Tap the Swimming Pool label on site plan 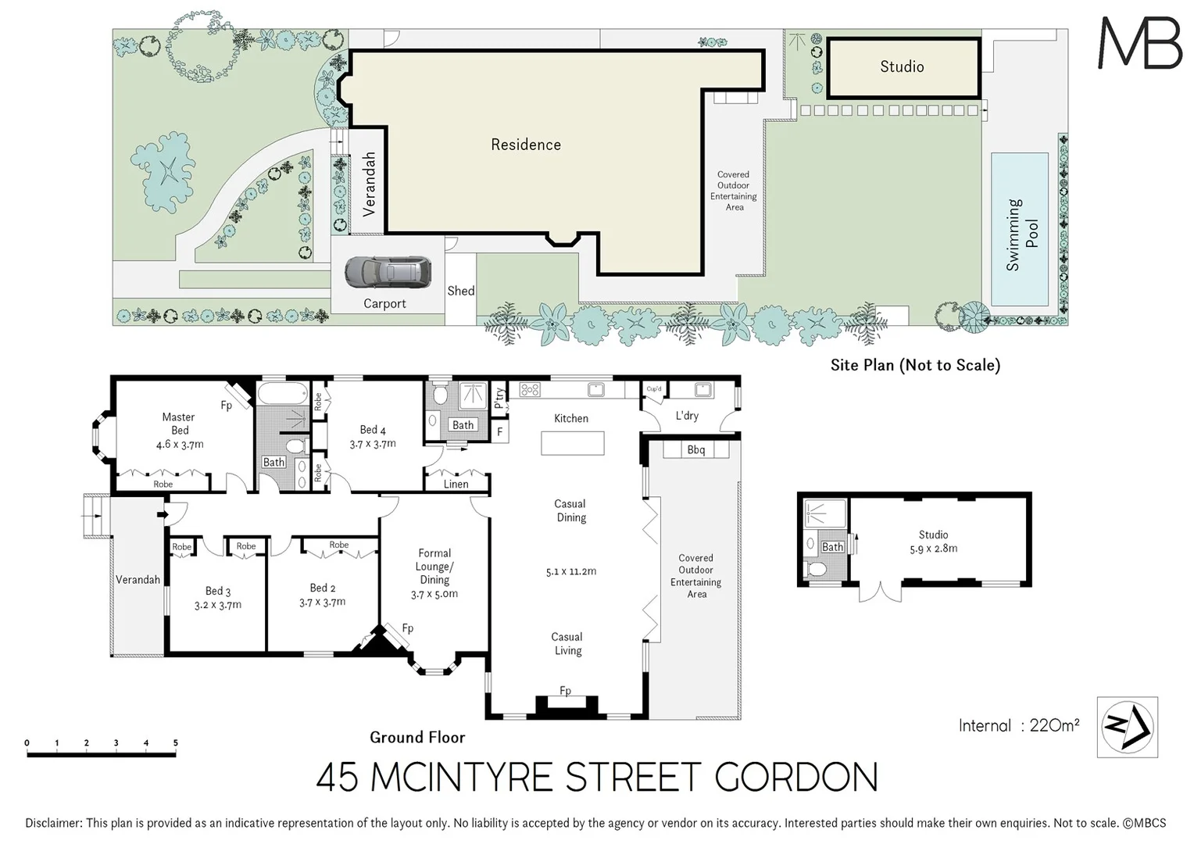[x=1023, y=234]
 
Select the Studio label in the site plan [x=902, y=67]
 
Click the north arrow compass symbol [x=1127, y=727]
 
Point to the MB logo [x=1140, y=43]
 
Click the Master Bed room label [x=179, y=424]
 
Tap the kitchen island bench [x=573, y=443]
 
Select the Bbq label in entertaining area [x=695, y=450]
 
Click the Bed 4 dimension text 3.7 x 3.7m [x=373, y=444]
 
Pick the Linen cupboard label [x=456, y=485]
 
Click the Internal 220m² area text [x=1018, y=725]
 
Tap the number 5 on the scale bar [x=176, y=743]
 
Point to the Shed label [x=460, y=291]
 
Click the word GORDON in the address [x=796, y=778]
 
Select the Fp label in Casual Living [x=565, y=691]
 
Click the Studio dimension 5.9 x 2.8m [x=933, y=549]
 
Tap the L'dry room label [x=687, y=416]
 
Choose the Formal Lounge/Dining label [x=434, y=566]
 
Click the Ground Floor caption [x=417, y=737]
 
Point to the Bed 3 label [x=217, y=592]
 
